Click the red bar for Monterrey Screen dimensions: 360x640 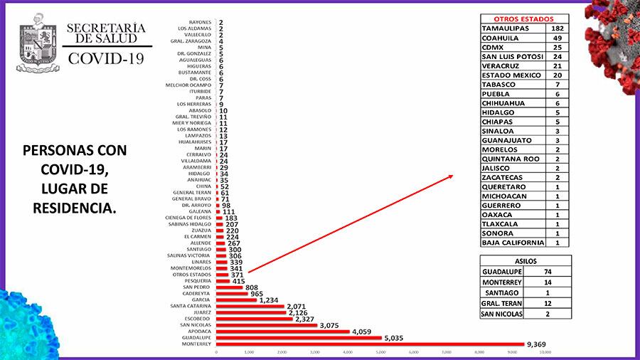[x=370, y=345]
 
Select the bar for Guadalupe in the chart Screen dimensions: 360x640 [x=299, y=338]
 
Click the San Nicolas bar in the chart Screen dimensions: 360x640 [x=267, y=325]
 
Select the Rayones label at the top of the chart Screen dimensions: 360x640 [x=201, y=22]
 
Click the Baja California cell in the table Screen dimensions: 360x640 [x=513, y=242]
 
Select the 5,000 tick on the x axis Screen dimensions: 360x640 [x=380, y=353]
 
